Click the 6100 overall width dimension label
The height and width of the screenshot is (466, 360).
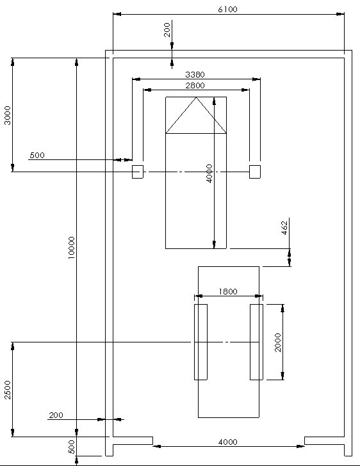point(227,10)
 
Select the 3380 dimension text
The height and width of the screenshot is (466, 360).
point(195,74)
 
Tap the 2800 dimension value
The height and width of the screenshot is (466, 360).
point(195,86)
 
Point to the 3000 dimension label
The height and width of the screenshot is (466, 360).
point(7,115)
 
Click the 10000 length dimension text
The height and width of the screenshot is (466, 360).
point(71,248)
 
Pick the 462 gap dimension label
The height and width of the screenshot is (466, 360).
point(284,228)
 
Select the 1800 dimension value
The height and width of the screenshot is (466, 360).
point(228,291)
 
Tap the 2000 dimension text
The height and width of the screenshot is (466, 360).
point(277,342)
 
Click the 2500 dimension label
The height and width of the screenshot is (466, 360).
point(8,390)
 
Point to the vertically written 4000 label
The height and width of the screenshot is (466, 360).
point(209,173)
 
